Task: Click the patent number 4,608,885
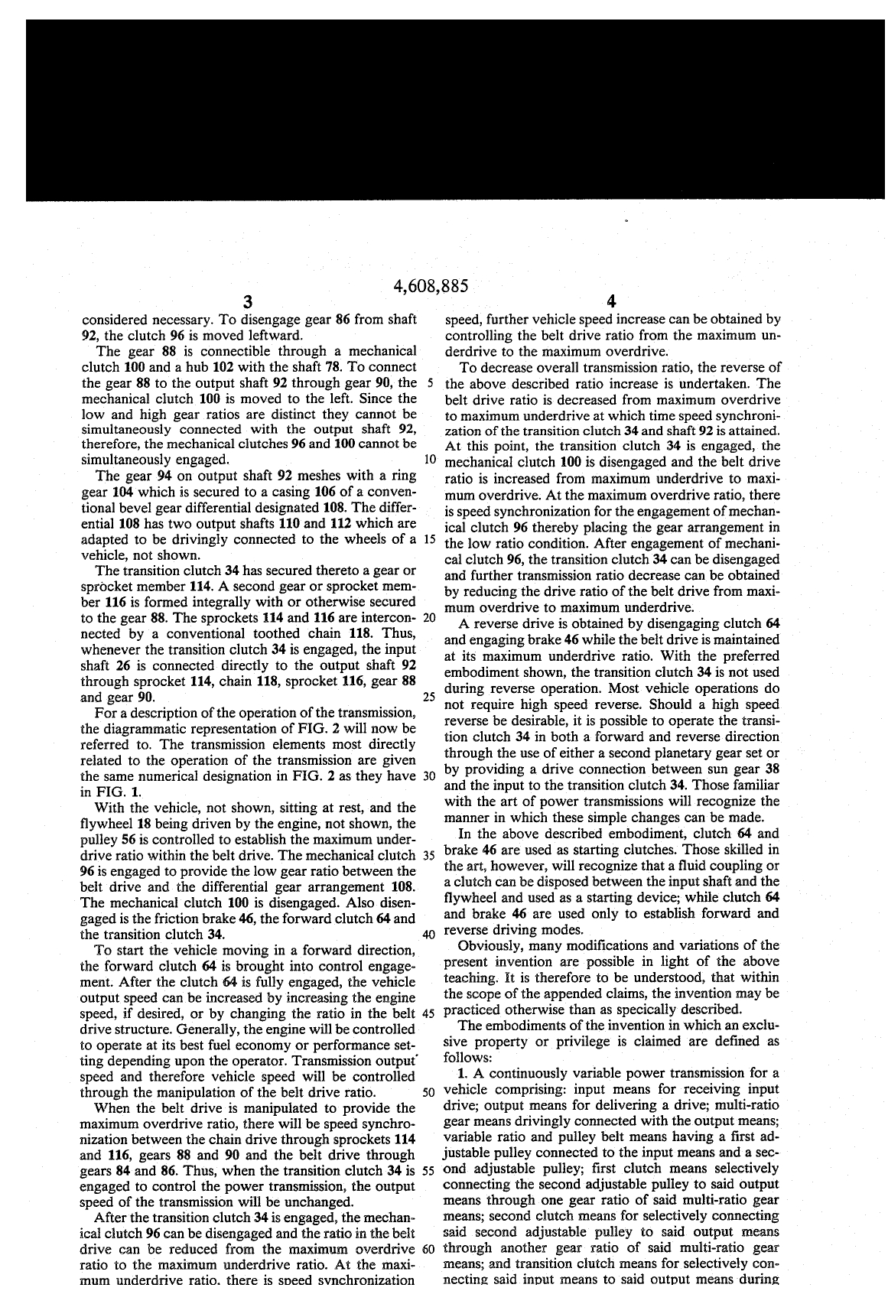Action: pos(429,287)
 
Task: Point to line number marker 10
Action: pos(429,460)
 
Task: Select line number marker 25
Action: pos(429,697)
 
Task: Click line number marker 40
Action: pos(429,934)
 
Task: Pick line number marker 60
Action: pos(428,1250)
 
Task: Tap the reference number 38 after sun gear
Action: pos(771,769)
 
